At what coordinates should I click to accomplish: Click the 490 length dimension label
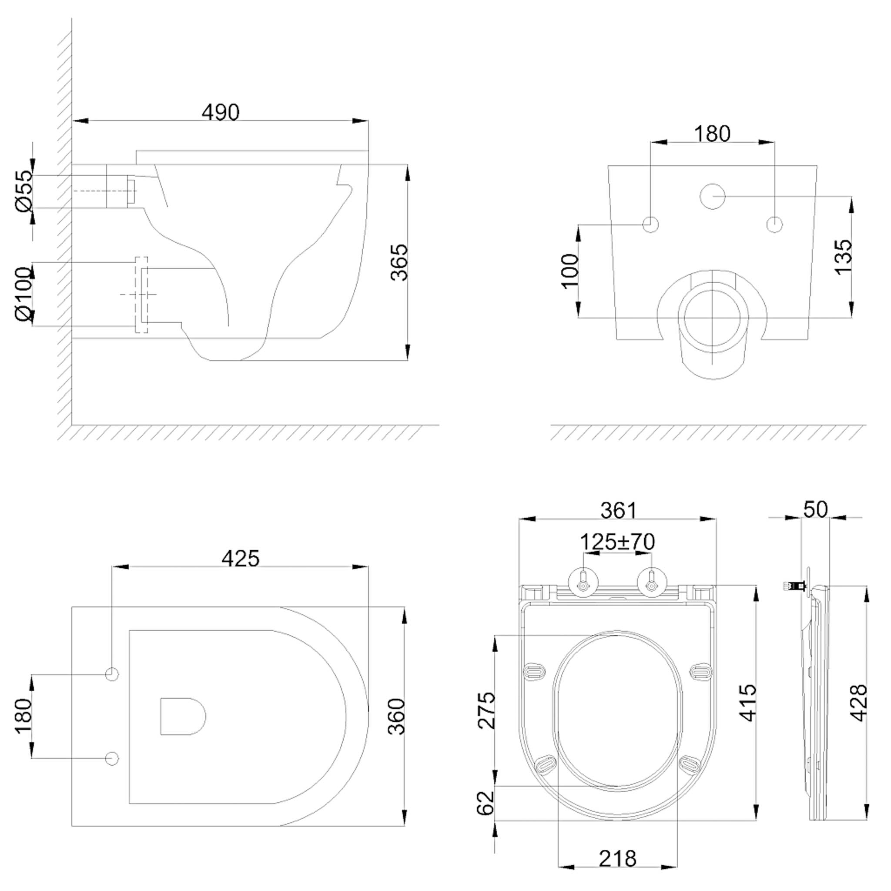pyautogui.click(x=221, y=113)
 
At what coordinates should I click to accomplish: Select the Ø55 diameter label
pyautogui.click(x=24, y=191)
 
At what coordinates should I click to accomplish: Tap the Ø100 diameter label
pyautogui.click(x=24, y=294)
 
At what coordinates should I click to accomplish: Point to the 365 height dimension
pyautogui.click(x=399, y=262)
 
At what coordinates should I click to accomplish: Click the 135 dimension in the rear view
pyautogui.click(x=844, y=257)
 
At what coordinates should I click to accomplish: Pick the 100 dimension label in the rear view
pyautogui.click(x=570, y=271)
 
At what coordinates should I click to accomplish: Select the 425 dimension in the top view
pyautogui.click(x=240, y=559)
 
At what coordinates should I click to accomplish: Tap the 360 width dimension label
pyautogui.click(x=396, y=716)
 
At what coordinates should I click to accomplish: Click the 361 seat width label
pyautogui.click(x=619, y=510)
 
